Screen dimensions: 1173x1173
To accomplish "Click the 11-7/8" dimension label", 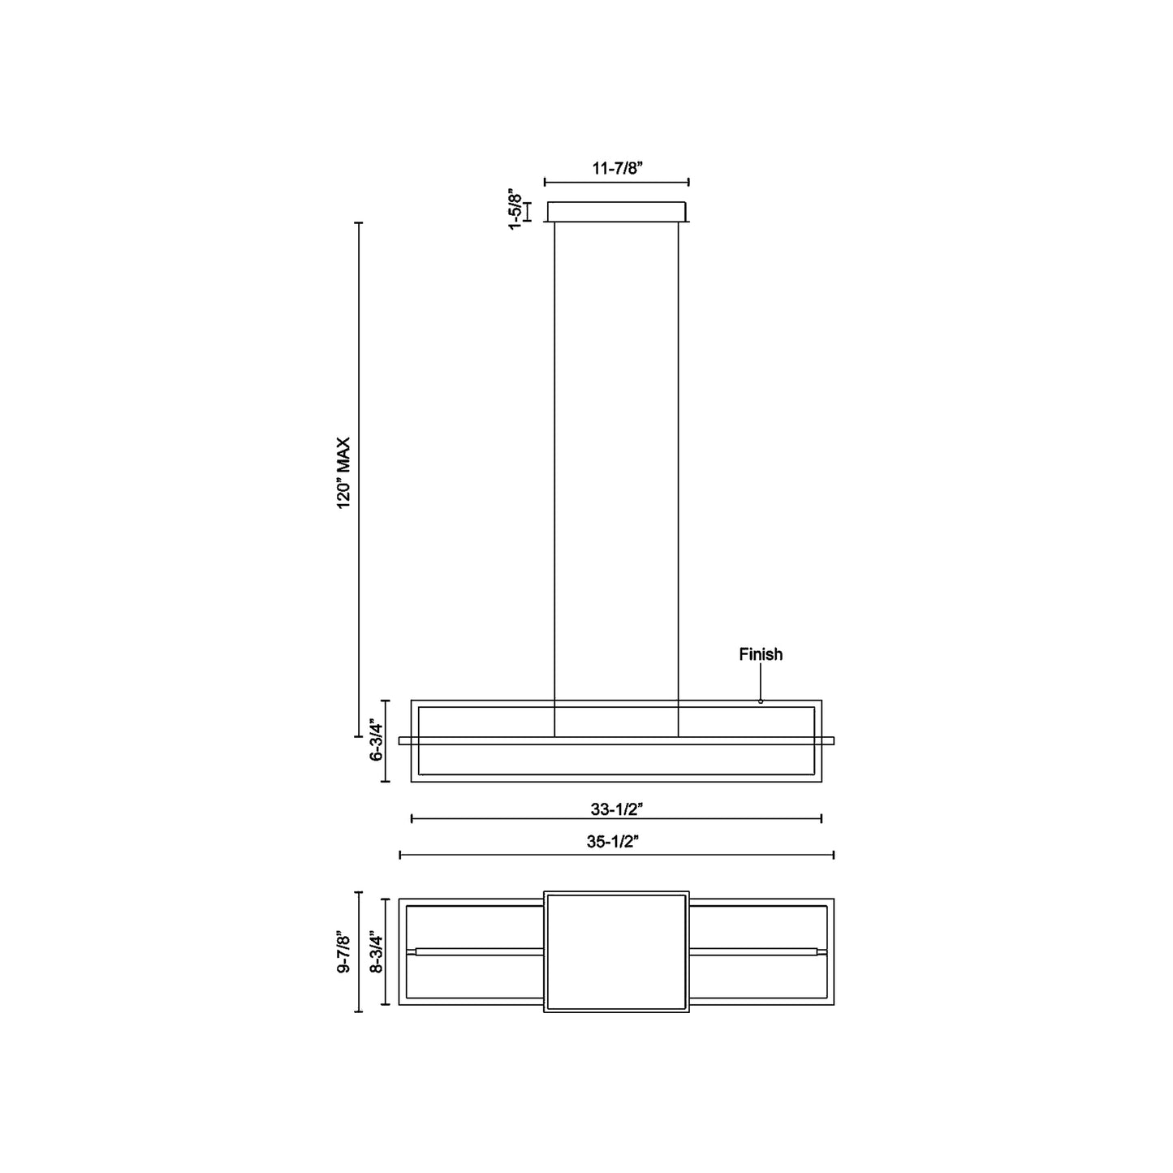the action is [x=617, y=169].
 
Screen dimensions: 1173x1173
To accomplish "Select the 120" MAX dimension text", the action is [x=344, y=473].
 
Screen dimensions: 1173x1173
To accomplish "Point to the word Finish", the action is [x=761, y=654].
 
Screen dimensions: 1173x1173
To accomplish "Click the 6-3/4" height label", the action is [x=376, y=740].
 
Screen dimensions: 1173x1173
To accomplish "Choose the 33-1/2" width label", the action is [x=617, y=809].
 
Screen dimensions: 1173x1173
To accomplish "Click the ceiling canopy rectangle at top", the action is [x=617, y=212].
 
